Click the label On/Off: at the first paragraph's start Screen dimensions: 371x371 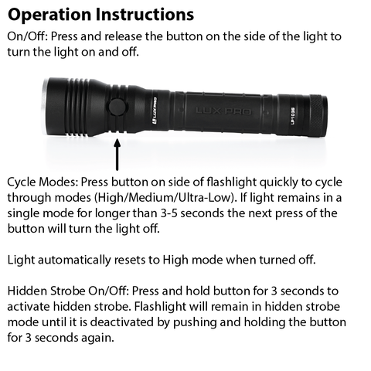coord(27,36)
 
